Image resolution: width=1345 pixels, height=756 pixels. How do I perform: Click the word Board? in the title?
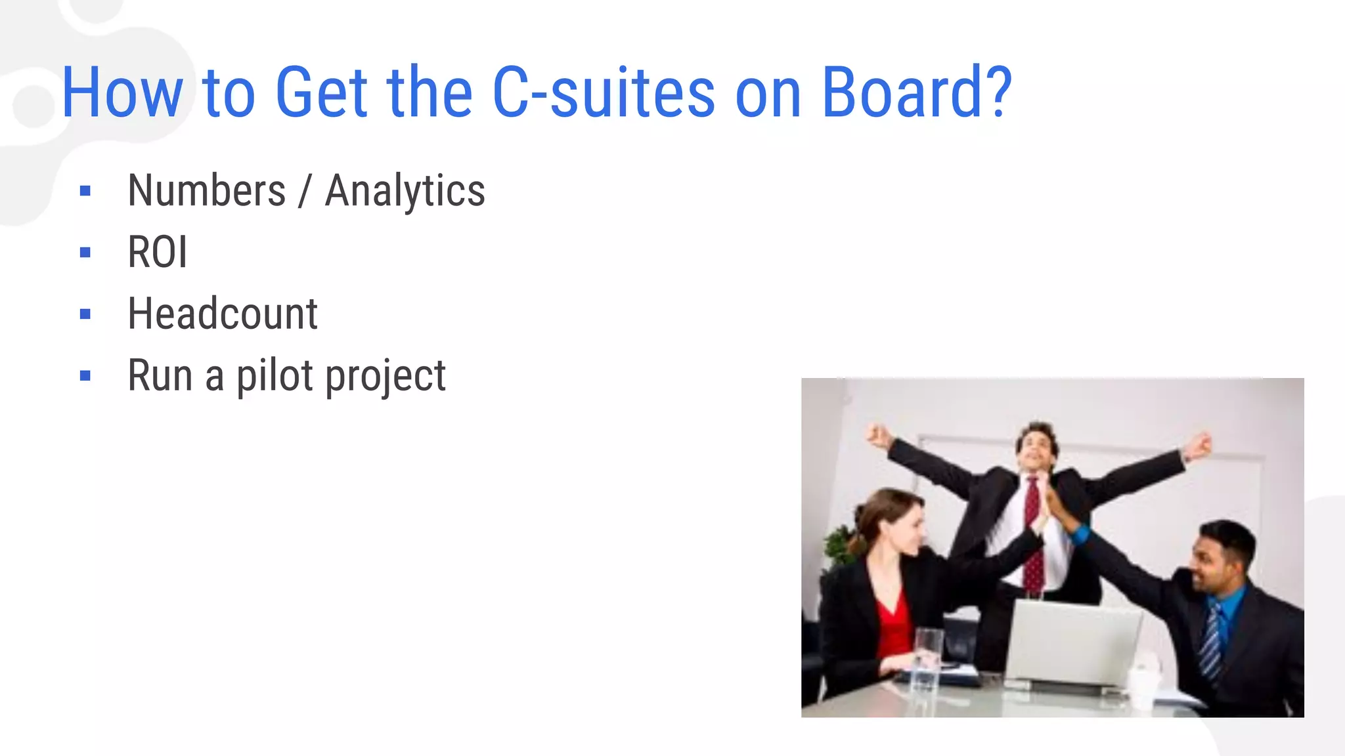tap(917, 93)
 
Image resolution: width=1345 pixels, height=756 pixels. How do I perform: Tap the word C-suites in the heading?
tap(603, 93)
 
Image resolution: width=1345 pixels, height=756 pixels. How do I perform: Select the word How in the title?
tap(122, 93)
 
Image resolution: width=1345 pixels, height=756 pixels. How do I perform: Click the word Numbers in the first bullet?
tap(207, 191)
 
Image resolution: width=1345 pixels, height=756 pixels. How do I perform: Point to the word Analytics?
tap(405, 191)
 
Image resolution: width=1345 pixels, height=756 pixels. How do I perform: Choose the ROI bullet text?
tap(158, 252)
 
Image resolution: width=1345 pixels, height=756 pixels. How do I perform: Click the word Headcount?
tap(223, 314)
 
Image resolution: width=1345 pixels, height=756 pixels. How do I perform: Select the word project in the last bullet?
tap(386, 376)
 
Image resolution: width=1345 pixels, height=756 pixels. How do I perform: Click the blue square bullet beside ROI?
tap(85, 253)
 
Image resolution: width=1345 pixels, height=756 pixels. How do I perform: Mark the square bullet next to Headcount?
tap(85, 314)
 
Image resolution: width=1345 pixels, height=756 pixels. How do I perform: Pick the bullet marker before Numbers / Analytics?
tap(85, 191)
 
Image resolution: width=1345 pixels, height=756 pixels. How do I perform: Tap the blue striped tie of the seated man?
tap(1210, 640)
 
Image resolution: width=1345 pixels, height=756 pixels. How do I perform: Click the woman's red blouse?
tap(894, 623)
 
